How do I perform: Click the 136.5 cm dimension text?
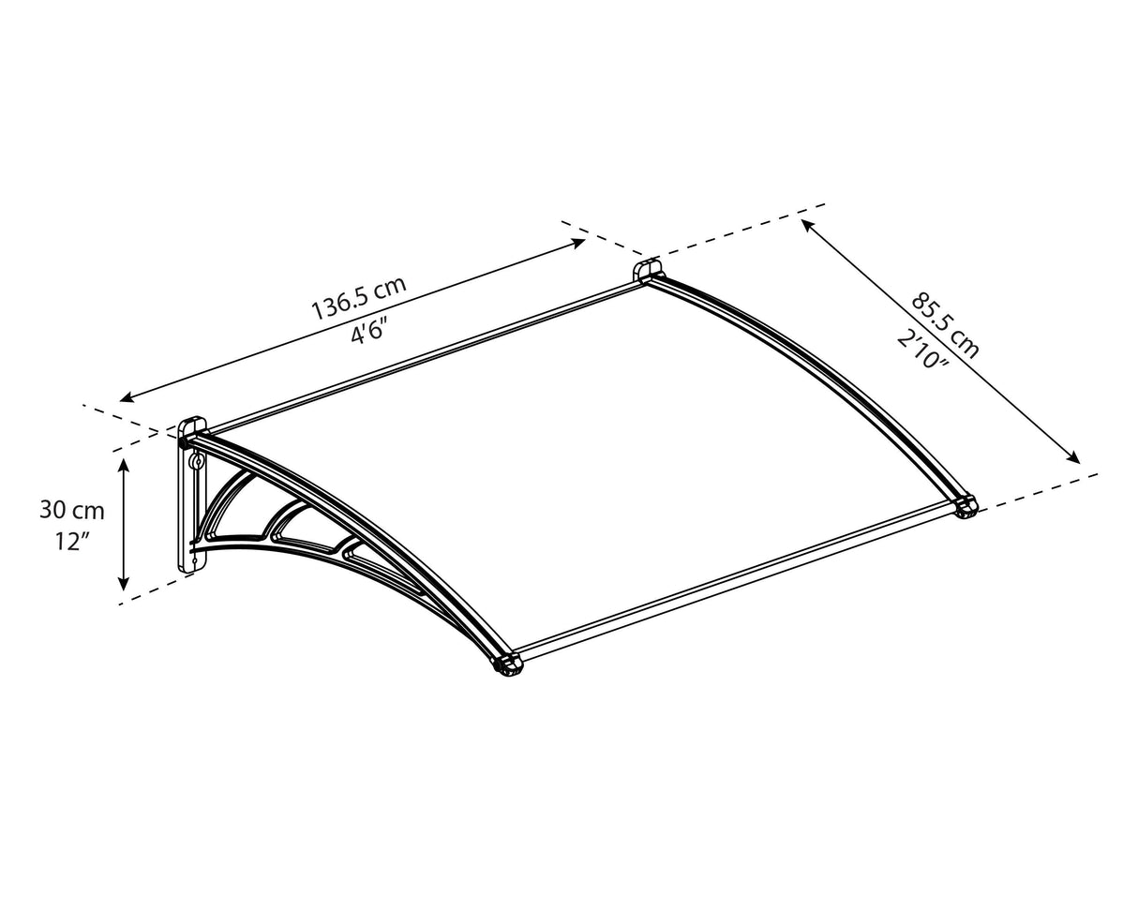pyautogui.click(x=358, y=297)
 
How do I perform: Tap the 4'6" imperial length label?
pyautogui.click(x=369, y=330)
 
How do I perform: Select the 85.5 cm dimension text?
pyautogui.click(x=945, y=325)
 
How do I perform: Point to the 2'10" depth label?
pyautogui.click(x=923, y=350)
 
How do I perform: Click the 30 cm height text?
pyautogui.click(x=71, y=511)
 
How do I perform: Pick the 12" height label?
pyautogui.click(x=71, y=542)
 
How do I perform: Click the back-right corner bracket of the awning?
pyautogui.click(x=647, y=271)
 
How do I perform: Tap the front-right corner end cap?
pyautogui.click(x=966, y=507)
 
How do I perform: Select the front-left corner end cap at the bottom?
pyautogui.click(x=507, y=664)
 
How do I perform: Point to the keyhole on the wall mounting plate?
pyautogui.click(x=196, y=463)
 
